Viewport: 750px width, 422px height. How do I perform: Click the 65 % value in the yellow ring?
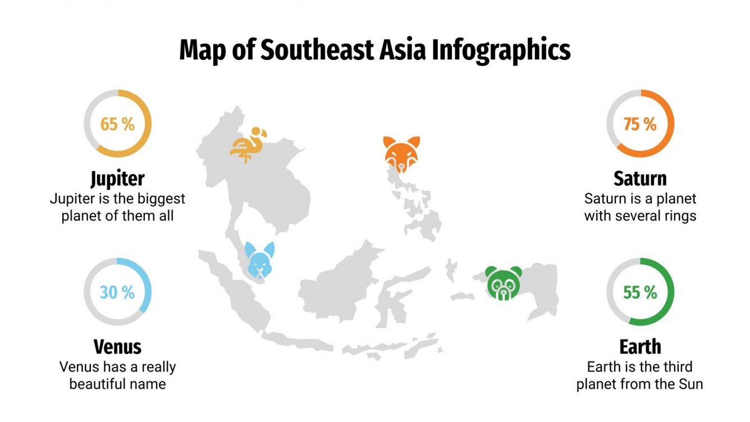pyautogui.click(x=117, y=124)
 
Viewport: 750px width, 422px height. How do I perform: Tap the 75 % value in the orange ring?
pyautogui.click(x=639, y=124)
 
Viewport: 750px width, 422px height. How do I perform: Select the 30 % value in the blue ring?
pyautogui.click(x=117, y=292)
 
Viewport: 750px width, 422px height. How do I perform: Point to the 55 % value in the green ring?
pyautogui.click(x=639, y=292)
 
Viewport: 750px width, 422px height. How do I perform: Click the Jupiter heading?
pyautogui.click(x=117, y=179)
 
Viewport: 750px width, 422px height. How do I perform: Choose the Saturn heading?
pyautogui.click(x=640, y=179)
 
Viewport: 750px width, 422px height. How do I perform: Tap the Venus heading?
pyautogui.click(x=117, y=347)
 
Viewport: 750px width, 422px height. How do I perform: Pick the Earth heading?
pyautogui.click(x=640, y=347)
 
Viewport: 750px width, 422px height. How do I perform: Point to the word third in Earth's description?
pyautogui.click(x=676, y=367)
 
